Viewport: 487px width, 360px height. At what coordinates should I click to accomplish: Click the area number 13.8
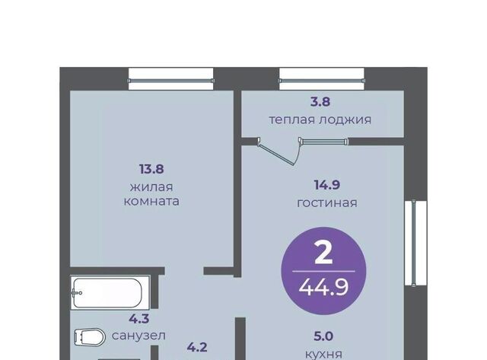(x=151, y=169)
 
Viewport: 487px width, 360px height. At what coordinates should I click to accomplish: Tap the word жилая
(x=151, y=187)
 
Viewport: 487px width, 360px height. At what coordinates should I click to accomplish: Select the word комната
(x=151, y=201)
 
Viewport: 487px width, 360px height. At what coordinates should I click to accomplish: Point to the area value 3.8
(x=320, y=101)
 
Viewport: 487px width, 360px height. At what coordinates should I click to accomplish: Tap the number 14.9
(x=327, y=185)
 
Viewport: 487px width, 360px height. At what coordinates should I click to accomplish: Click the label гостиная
(x=327, y=203)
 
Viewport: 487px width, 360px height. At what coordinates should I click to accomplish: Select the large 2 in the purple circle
(x=323, y=253)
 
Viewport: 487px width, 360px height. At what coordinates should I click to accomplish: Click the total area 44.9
(x=323, y=287)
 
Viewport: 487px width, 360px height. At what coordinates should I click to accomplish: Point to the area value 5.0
(x=323, y=336)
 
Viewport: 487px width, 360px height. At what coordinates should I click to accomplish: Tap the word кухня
(x=323, y=354)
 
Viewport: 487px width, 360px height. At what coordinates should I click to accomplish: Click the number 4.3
(x=138, y=318)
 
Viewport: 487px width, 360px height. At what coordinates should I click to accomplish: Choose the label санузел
(x=138, y=336)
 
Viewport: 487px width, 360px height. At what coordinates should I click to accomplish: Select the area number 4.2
(x=197, y=347)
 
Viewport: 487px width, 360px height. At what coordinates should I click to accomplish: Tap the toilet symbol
(x=90, y=337)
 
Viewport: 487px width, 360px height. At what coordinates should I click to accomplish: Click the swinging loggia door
(x=275, y=153)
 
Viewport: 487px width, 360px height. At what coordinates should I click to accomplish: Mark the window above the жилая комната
(x=170, y=79)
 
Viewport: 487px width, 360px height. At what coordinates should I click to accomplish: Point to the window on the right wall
(x=415, y=244)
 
